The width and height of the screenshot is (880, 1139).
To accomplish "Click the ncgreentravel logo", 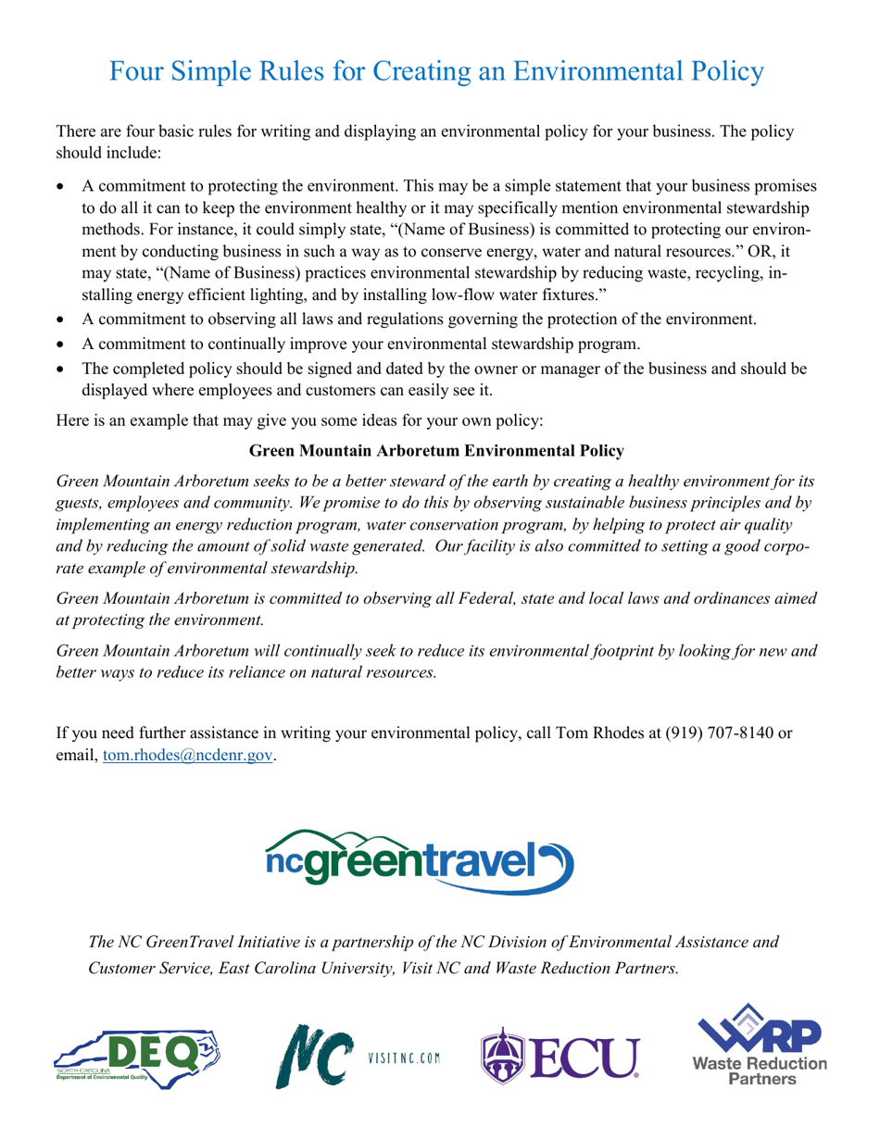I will tap(419, 856).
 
